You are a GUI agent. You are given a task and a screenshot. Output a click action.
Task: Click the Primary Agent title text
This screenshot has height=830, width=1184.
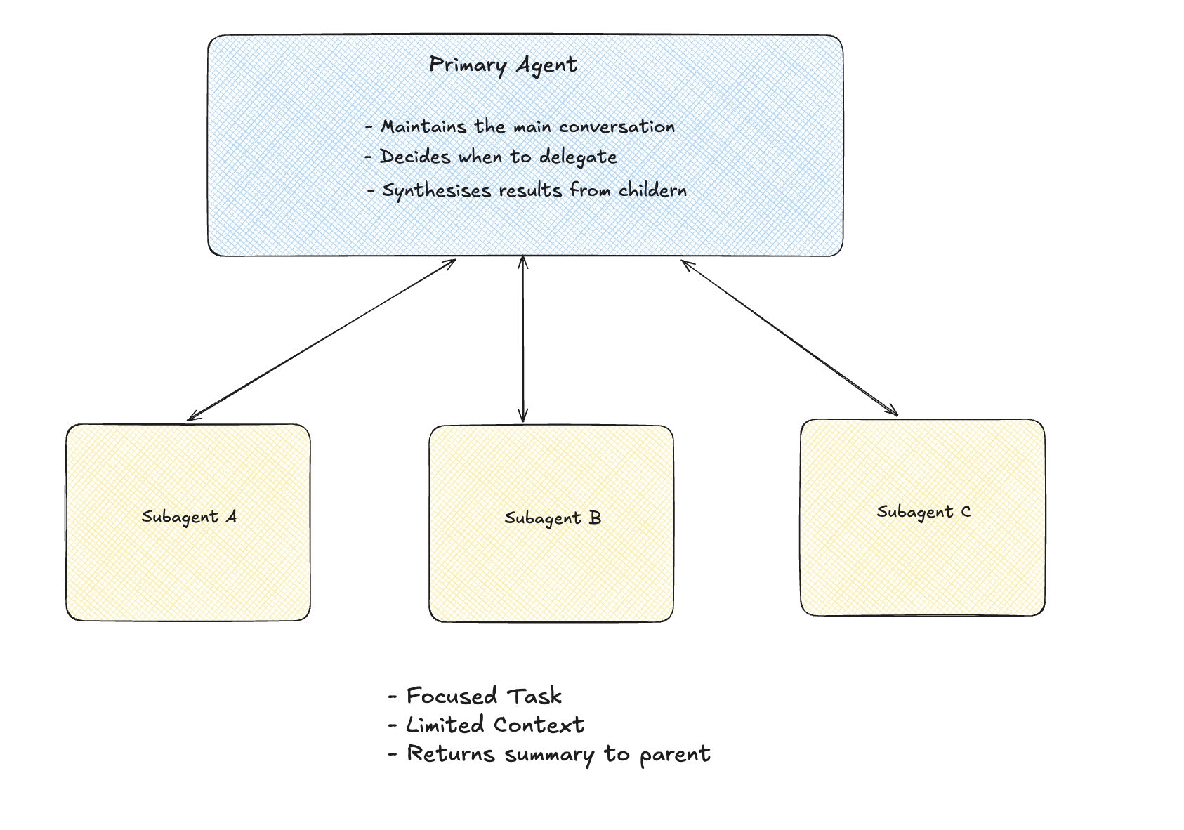tap(503, 65)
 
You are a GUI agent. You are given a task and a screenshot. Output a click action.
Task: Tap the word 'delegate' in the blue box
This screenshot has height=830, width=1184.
tap(578, 157)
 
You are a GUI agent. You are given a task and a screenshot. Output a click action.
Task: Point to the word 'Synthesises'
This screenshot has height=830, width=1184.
tap(436, 191)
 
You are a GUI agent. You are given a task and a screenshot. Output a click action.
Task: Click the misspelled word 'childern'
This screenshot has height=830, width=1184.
tap(652, 190)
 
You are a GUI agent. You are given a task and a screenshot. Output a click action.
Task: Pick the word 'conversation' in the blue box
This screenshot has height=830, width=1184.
tap(617, 127)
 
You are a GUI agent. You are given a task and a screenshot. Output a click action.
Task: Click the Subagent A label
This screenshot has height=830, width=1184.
tap(189, 518)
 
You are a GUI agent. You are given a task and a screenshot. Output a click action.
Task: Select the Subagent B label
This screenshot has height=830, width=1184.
tap(553, 519)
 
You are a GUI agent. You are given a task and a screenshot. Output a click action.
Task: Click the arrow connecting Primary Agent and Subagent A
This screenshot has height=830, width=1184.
tap(322, 340)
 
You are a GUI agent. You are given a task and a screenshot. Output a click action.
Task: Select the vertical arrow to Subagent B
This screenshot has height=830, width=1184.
tap(522, 339)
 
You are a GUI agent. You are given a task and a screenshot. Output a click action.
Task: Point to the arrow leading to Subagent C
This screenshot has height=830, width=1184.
tap(789, 338)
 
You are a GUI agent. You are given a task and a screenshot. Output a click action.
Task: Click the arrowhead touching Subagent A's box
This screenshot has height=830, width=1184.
tap(192, 418)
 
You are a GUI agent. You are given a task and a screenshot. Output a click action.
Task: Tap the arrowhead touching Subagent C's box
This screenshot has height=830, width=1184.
tap(893, 412)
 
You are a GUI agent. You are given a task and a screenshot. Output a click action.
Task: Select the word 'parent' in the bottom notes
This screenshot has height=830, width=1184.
tap(674, 755)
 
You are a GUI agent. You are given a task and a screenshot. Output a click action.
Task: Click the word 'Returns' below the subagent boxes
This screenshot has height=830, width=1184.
tap(451, 754)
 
